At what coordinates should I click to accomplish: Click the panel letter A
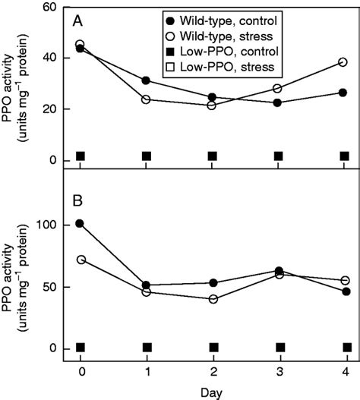click(x=78, y=22)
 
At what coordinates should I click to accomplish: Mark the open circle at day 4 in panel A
click(x=343, y=62)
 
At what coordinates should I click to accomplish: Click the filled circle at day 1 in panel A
click(x=146, y=80)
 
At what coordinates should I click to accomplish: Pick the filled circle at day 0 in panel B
click(x=81, y=224)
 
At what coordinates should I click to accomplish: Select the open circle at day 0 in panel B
click(x=81, y=260)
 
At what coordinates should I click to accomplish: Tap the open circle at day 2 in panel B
click(x=213, y=299)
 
